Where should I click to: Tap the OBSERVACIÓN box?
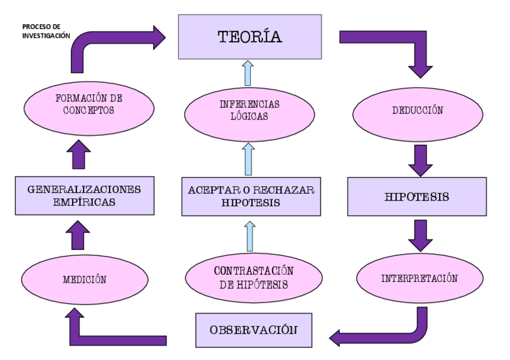point(253,330)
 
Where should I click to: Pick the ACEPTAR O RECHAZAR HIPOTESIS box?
point(250,197)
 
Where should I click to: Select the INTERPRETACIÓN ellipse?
point(420,279)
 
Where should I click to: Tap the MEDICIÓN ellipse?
point(84,279)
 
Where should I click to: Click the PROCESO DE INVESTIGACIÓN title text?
point(46,31)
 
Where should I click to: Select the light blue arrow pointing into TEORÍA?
point(248,73)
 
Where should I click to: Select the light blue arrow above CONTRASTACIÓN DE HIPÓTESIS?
point(249,236)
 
